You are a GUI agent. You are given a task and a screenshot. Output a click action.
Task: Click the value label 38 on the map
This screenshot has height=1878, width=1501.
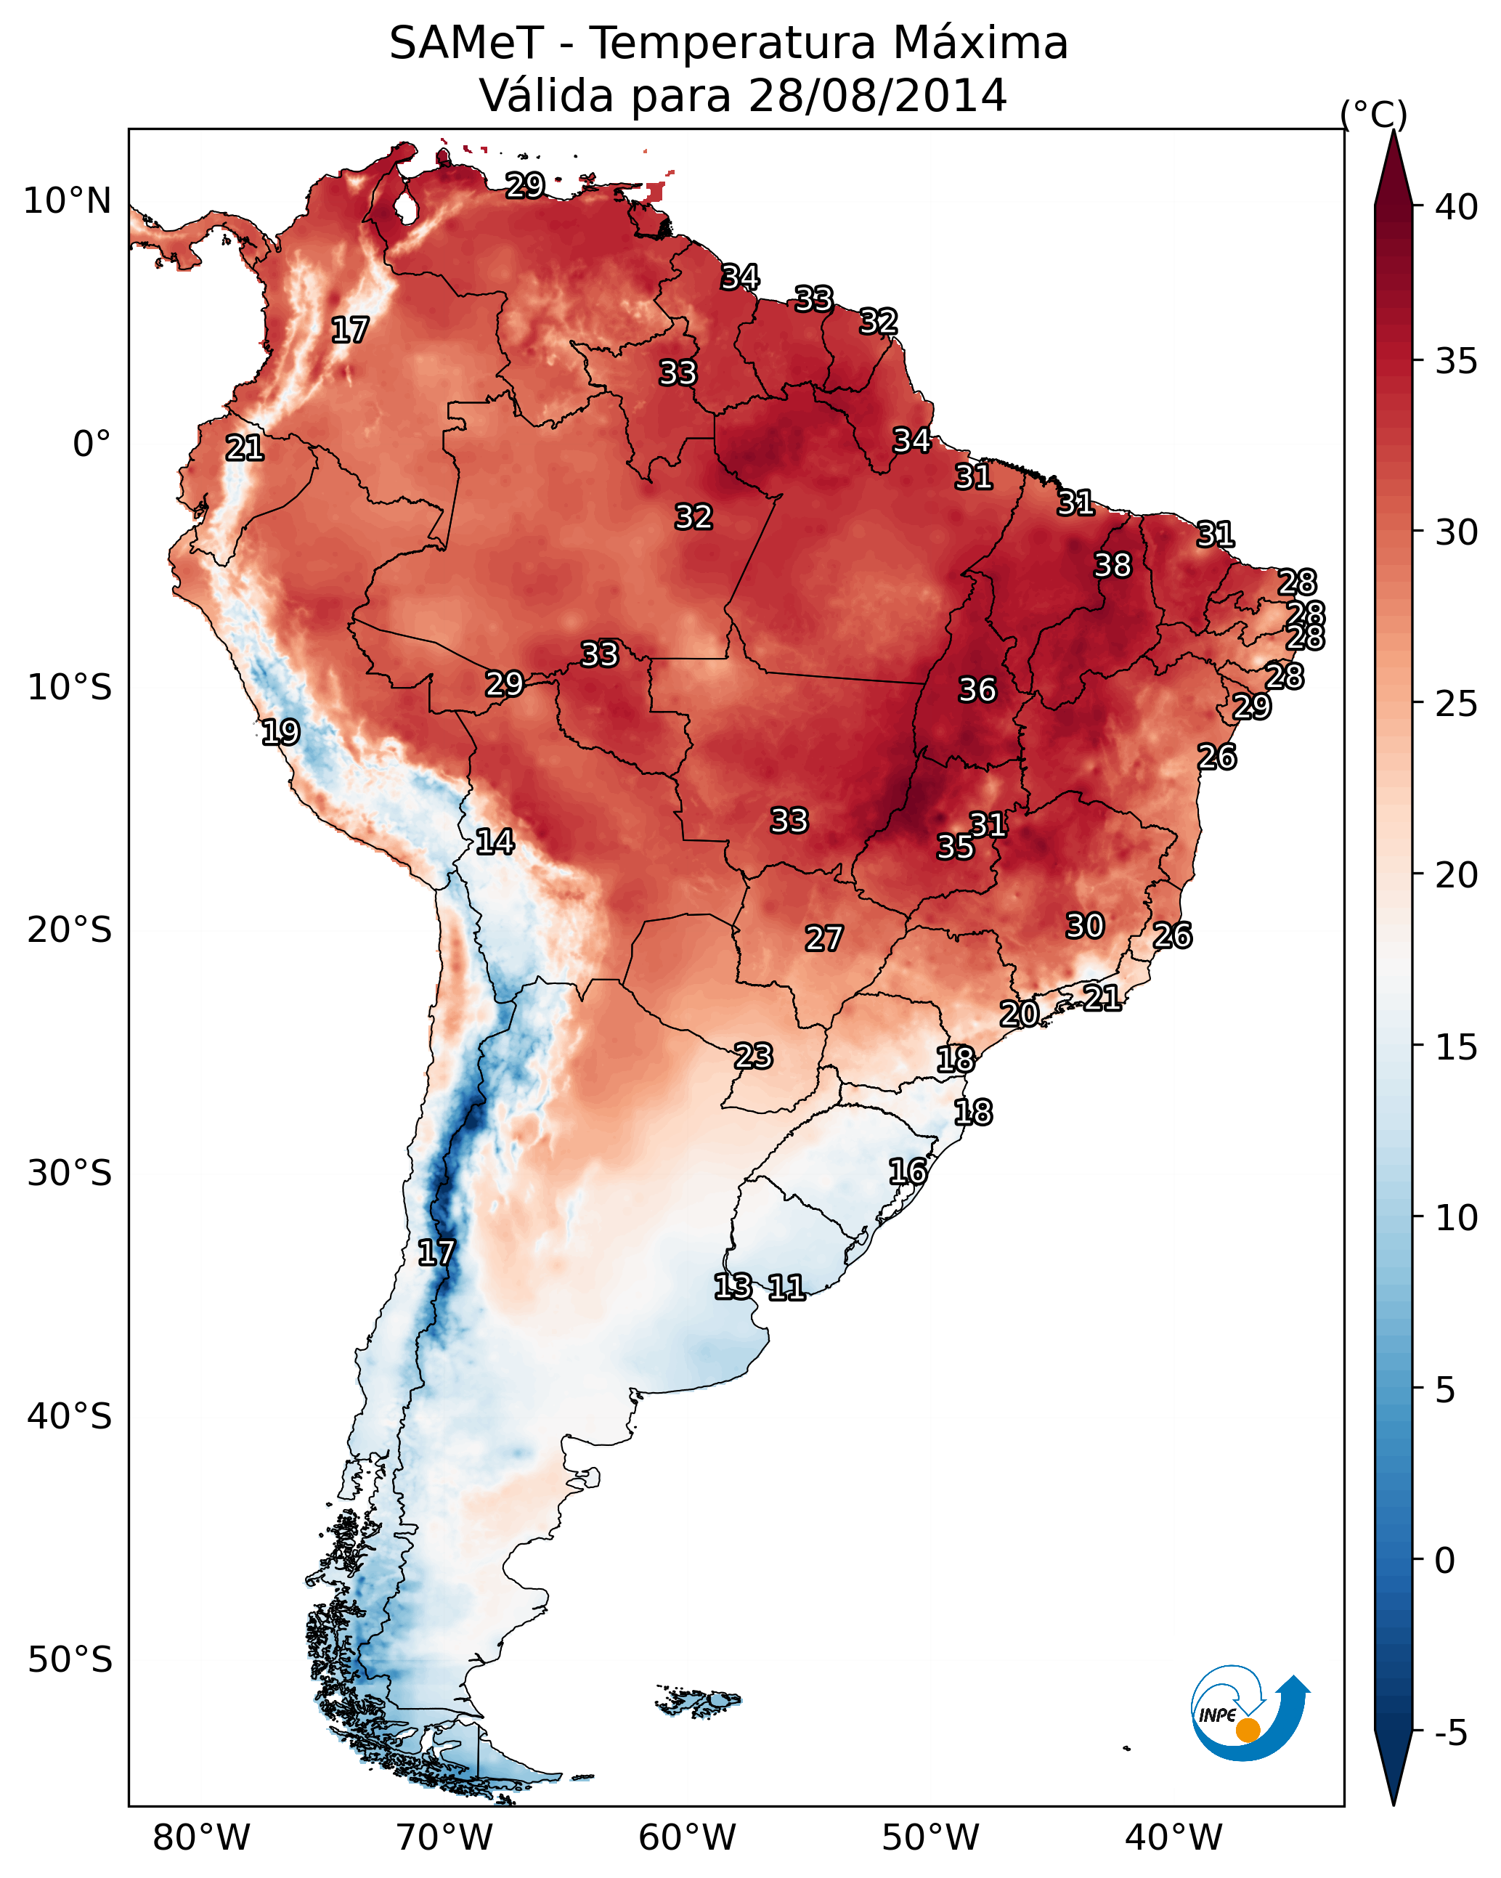[1112, 565]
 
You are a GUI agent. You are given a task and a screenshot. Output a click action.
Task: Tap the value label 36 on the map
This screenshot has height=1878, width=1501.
[977, 690]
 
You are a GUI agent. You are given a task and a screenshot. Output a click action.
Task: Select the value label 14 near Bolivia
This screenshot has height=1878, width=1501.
[495, 842]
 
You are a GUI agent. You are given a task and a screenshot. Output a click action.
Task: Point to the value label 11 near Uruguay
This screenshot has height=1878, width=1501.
[786, 1288]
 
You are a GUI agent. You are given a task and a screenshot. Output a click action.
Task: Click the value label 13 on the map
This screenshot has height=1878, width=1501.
[733, 1287]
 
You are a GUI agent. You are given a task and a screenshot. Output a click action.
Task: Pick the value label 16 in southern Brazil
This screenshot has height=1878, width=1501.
[908, 1171]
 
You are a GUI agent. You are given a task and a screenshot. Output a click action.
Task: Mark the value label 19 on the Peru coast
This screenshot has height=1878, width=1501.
[280, 733]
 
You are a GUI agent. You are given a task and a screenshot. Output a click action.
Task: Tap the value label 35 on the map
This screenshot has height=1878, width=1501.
[955, 847]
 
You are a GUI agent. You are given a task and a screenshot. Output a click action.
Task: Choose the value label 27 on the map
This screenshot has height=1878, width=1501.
[823, 939]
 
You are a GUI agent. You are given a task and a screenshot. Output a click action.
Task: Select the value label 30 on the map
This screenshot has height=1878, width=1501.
[1085, 926]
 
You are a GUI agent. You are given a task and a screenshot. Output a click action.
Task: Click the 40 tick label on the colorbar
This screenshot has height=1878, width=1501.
[1457, 207]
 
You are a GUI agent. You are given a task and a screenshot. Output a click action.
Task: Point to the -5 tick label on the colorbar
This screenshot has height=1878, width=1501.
[1452, 1733]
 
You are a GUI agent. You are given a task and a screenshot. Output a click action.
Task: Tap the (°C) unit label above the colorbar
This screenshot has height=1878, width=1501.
[1374, 114]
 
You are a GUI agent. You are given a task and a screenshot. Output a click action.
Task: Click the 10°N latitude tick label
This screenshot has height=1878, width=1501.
[67, 201]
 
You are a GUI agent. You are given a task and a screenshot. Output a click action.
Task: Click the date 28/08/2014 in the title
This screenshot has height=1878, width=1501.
[877, 96]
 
